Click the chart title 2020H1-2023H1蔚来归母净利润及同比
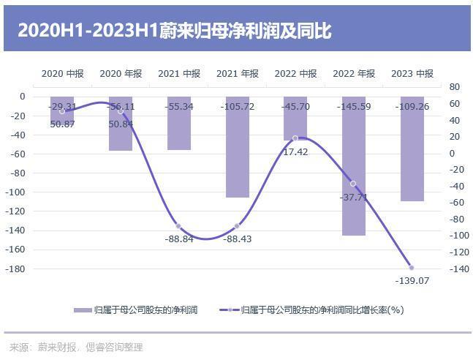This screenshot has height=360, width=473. [175, 31]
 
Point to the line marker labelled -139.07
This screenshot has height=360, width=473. [412, 268]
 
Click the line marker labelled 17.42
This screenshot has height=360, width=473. [295, 138]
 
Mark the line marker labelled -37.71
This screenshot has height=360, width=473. [353, 184]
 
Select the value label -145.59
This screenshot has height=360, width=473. [354, 107]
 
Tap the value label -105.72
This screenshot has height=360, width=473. [238, 107]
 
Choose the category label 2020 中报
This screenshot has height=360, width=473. [62, 73]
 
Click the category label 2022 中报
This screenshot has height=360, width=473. [295, 73]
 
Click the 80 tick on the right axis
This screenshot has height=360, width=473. [453, 86]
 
